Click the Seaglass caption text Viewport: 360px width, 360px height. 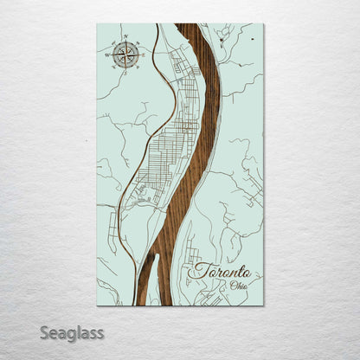click(70, 332)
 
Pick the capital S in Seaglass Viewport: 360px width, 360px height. click(42, 332)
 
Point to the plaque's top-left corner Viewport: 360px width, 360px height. click(98, 24)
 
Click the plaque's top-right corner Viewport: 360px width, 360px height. click(263, 24)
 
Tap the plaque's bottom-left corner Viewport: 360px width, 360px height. click(98, 305)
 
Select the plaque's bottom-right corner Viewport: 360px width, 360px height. click(263, 305)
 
